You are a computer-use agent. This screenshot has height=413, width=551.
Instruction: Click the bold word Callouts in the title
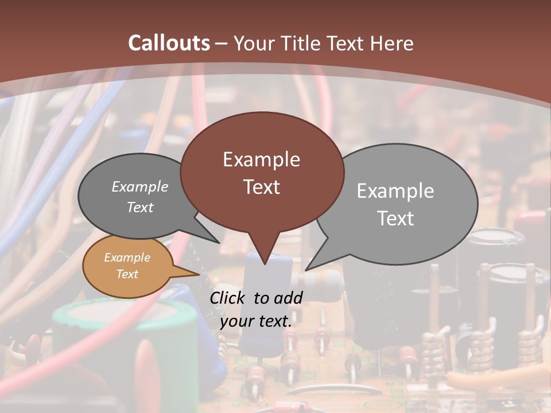[169, 43]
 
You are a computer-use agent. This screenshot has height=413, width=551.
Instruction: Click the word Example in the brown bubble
[261, 159]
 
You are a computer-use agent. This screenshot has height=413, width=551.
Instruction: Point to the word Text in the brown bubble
[261, 187]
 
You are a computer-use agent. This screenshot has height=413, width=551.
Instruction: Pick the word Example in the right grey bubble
[395, 191]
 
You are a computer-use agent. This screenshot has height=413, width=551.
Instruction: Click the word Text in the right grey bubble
[395, 219]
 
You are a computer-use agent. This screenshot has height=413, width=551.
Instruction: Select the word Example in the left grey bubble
[139, 187]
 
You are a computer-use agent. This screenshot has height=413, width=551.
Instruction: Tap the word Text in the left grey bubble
[139, 207]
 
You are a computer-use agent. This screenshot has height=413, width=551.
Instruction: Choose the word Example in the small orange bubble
[127, 258]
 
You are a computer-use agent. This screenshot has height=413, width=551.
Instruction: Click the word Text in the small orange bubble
[127, 274]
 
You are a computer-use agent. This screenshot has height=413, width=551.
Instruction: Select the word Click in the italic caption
[229, 298]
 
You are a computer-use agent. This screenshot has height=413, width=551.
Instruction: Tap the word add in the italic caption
[289, 298]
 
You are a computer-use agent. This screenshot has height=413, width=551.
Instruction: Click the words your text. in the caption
[255, 321]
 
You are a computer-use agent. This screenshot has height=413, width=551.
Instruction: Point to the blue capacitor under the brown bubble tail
[264, 310]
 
